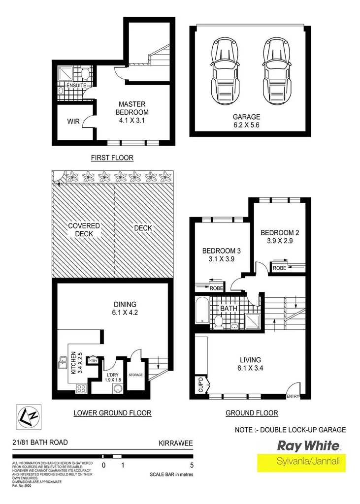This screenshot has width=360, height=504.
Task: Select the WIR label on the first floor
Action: (73, 121)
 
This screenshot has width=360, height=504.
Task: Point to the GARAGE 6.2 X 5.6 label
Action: (246, 121)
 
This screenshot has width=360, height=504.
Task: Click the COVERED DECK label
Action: (84, 230)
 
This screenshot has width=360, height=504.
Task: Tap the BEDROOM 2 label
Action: (280, 237)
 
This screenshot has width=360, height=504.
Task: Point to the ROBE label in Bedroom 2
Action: (279, 268)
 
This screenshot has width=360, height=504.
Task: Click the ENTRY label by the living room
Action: (293, 396)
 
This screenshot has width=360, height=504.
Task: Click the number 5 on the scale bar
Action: (192, 464)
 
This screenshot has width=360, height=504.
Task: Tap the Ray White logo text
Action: (309, 446)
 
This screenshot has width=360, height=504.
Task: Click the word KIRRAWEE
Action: (176, 442)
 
